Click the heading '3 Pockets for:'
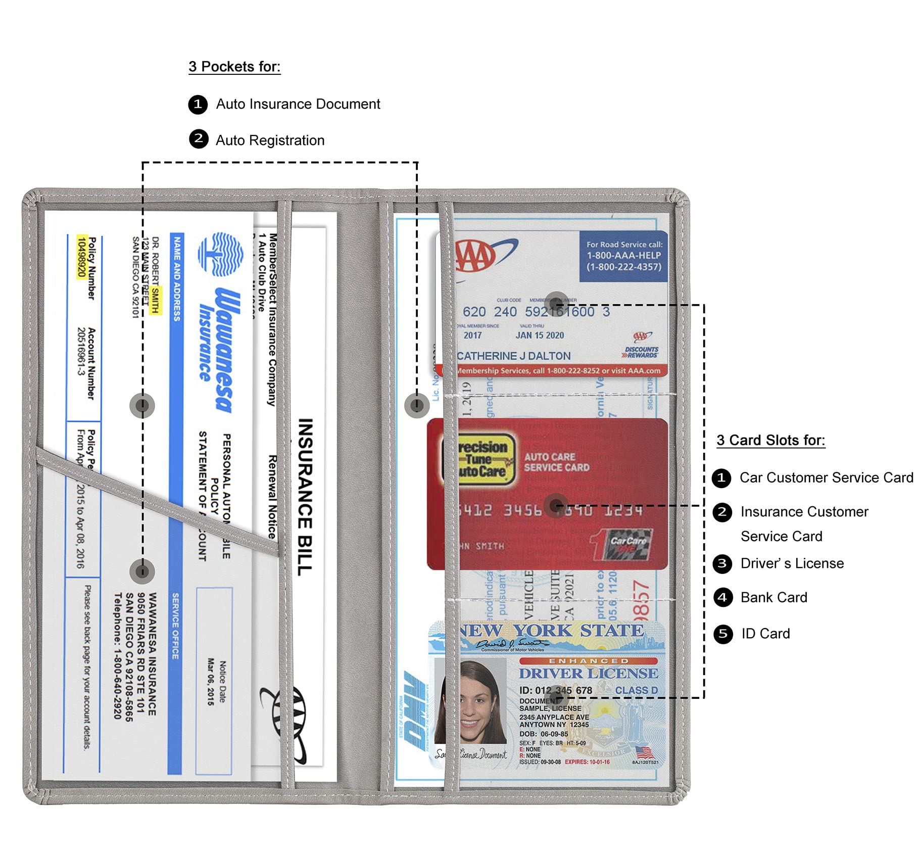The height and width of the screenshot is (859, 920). pos(234,67)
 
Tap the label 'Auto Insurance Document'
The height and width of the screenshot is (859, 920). pos(298,104)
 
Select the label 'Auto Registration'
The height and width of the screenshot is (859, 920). pos(270,140)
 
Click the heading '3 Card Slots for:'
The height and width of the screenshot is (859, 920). pos(770,440)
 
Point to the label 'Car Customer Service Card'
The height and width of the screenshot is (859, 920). pos(826,478)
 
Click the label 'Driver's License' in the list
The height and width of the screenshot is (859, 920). pos(792,563)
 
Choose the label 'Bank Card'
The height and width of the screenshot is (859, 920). pos(773,598)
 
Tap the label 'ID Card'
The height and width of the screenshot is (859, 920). pos(765,634)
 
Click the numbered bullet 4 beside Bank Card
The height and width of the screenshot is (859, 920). pos(722,598)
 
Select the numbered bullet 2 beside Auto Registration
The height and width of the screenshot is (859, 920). pos(199,139)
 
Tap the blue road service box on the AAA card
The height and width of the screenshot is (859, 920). pos(623,256)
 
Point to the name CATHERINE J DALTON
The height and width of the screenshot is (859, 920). pos(513,356)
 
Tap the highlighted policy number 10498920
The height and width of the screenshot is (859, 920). pos(81,257)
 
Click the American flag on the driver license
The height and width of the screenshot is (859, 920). pos(644,752)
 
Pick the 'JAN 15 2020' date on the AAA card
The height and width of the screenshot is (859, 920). pos(539,336)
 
